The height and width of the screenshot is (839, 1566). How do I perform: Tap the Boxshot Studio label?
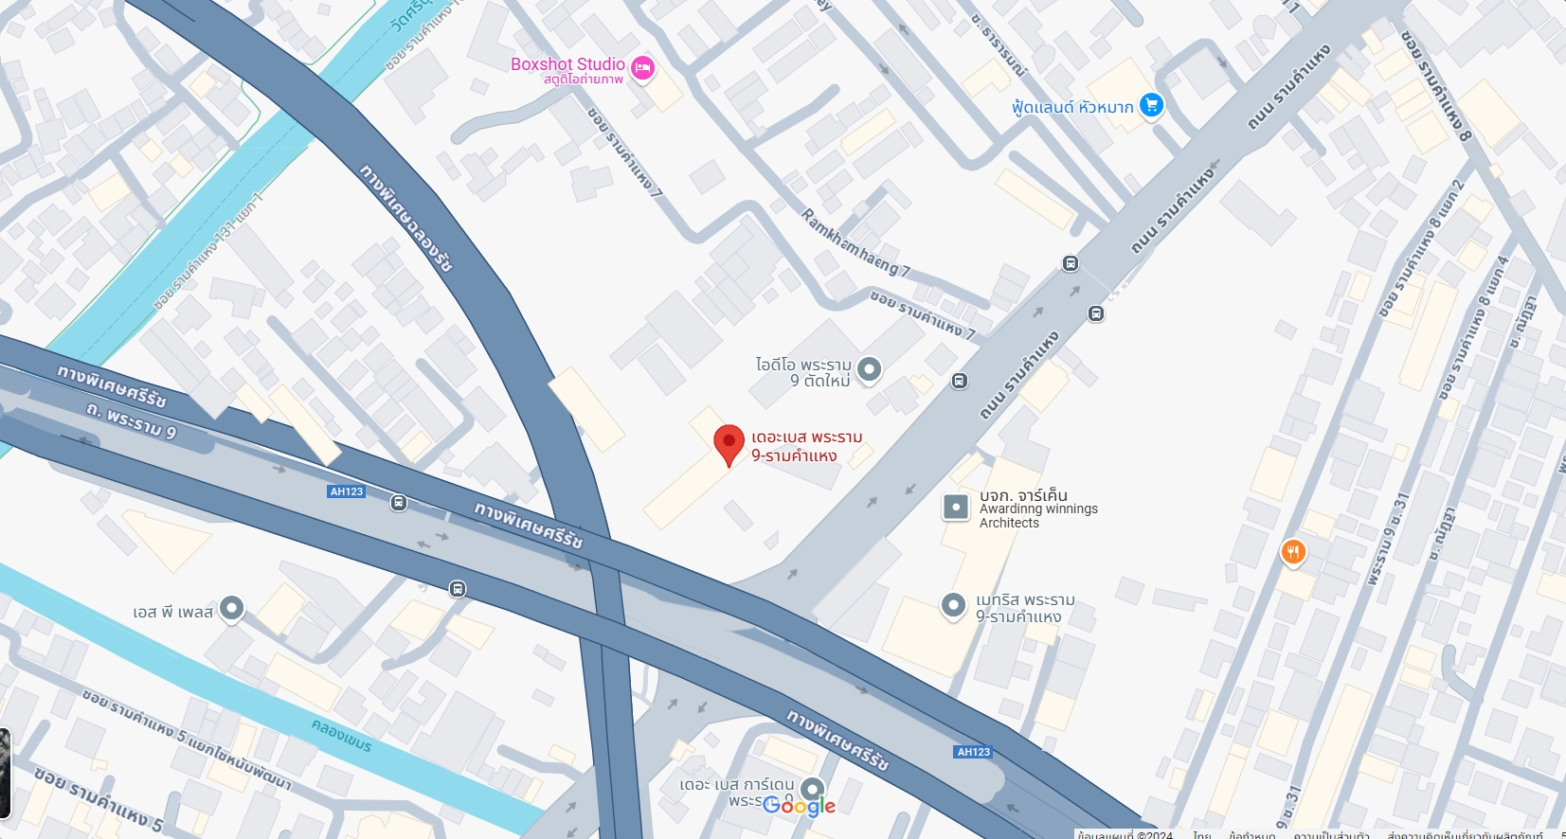coord(567,64)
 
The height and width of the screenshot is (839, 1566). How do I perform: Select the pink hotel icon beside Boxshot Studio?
coord(643,68)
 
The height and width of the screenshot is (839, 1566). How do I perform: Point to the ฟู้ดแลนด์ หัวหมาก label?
coord(1071,107)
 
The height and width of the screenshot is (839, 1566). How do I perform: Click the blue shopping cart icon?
coord(1151,104)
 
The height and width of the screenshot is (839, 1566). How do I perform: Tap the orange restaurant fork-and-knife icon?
coord(1293,551)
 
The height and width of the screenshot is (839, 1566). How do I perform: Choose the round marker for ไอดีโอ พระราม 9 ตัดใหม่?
coord(869,369)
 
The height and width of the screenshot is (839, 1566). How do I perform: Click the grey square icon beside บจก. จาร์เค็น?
coord(956,508)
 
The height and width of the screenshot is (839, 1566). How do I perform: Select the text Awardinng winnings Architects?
coord(1038,516)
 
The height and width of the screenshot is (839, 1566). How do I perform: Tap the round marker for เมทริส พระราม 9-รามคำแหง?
coord(953,605)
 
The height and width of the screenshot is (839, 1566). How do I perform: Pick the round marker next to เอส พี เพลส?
coord(231,608)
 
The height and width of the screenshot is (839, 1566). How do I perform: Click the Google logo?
coord(799,806)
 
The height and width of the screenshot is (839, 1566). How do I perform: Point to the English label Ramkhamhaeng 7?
coord(855,243)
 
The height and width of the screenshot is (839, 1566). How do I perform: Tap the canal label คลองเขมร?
coord(341,735)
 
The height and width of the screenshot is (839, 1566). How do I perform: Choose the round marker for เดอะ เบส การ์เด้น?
coord(812,788)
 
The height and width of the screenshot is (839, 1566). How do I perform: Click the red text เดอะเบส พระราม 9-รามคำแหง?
coord(806,446)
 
